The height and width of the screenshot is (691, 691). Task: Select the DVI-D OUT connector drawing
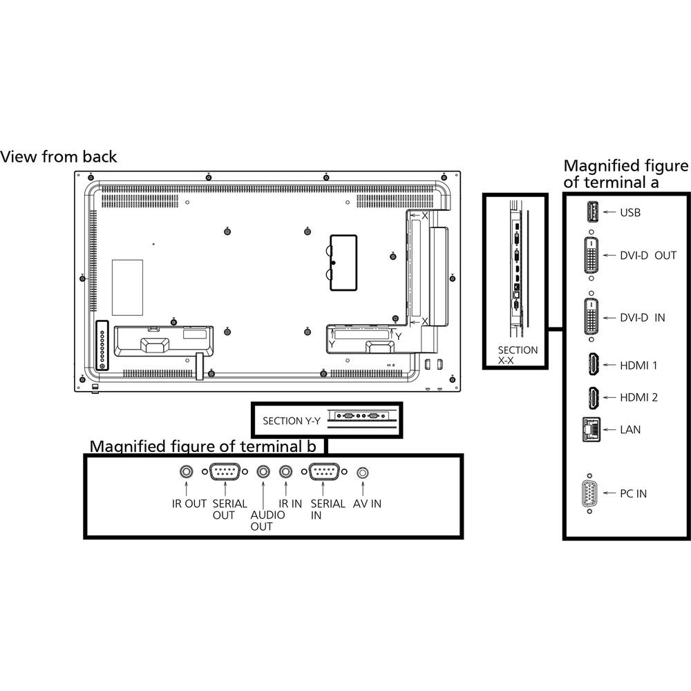[x=591, y=255]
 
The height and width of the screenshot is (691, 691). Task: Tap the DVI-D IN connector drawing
[x=591, y=318]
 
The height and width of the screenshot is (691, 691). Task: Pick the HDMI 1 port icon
[x=592, y=364]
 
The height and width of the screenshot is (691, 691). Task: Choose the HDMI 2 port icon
[x=592, y=397]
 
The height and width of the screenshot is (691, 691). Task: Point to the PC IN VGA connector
[x=589, y=494]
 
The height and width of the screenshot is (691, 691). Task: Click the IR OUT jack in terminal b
[x=187, y=472]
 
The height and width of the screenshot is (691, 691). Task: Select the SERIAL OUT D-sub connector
[x=225, y=473]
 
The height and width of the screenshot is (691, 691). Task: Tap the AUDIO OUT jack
[x=263, y=472]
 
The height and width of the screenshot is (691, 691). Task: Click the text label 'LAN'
[x=630, y=430]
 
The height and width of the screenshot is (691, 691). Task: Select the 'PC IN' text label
[x=634, y=494]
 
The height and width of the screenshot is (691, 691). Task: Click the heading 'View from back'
[x=59, y=157]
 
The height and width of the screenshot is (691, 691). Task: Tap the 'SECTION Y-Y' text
[x=291, y=420]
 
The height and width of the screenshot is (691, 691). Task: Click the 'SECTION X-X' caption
[x=517, y=355]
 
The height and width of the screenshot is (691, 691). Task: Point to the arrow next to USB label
[x=609, y=212]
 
